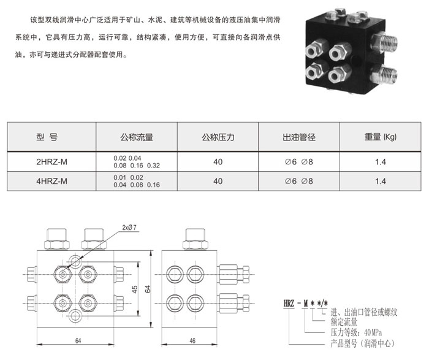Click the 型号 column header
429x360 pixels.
point(47,137)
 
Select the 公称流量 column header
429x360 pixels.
point(137,137)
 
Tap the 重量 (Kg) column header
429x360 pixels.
point(381,137)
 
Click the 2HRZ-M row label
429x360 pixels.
point(51,162)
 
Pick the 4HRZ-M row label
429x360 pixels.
point(51,181)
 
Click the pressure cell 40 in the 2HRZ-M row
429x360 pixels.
point(218,162)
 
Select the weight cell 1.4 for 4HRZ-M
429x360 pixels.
point(381,181)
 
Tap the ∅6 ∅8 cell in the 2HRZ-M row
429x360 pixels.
point(299,162)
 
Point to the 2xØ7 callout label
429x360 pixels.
point(129,228)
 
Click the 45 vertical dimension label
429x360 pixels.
point(135,289)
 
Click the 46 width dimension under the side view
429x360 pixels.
point(192,341)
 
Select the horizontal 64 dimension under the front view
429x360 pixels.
point(78,341)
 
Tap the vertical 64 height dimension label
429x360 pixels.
point(148,289)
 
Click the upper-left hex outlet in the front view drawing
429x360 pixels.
point(63,274)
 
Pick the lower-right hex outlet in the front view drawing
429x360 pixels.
point(88,303)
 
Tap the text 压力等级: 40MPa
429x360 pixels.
point(356,332)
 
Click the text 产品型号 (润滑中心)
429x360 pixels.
point(363,343)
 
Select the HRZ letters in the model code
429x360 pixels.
point(289,303)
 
